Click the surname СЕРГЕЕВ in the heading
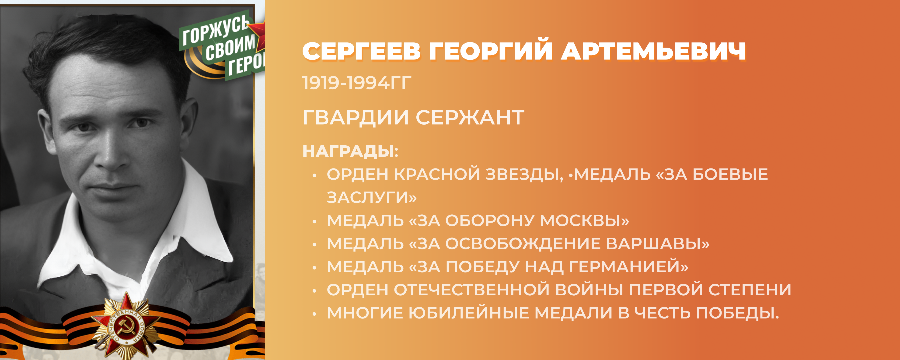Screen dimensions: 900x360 tap(361, 51)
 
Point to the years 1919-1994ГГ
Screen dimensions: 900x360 tap(357, 83)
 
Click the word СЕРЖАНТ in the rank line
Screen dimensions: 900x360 tap(470, 117)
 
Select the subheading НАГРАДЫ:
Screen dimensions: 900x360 tap(350, 152)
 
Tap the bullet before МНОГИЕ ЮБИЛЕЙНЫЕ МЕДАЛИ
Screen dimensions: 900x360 tap(314, 314)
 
